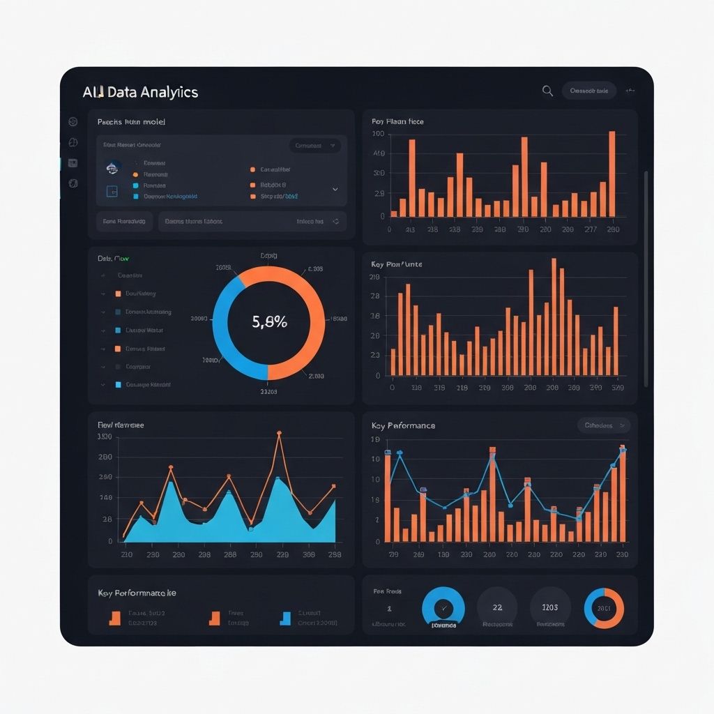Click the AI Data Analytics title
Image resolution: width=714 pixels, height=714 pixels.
[140, 92]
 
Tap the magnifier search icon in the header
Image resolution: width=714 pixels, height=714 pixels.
[547, 91]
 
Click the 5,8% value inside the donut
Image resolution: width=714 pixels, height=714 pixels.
[268, 322]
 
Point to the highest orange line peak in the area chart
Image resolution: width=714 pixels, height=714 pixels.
[279, 434]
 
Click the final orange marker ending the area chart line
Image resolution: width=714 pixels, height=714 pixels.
[333, 486]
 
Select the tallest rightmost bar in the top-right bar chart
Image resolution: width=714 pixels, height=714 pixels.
[612, 174]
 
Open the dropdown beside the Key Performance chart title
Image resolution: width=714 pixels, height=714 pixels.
[603, 425]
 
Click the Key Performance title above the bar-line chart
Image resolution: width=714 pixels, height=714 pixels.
[403, 425]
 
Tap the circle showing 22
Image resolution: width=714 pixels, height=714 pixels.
[497, 607]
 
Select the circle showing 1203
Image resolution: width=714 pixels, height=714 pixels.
[550, 607]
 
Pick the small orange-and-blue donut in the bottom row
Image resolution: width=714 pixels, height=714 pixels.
[604, 608]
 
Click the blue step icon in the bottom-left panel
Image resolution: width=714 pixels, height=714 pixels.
[284, 618]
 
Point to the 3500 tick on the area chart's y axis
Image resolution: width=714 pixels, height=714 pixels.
[105, 437]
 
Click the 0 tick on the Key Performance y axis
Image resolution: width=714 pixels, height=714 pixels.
[377, 541]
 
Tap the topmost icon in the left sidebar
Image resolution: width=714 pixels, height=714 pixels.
[73, 122]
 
